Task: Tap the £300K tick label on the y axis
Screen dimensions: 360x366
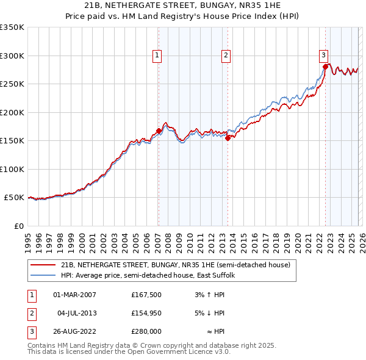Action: pos(12,56)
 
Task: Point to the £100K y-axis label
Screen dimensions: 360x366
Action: pos(12,169)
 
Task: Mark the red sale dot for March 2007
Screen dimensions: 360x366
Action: pos(159,131)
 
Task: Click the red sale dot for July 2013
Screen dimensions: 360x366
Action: pos(228,138)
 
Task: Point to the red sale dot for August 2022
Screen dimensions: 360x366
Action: pos(326,67)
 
